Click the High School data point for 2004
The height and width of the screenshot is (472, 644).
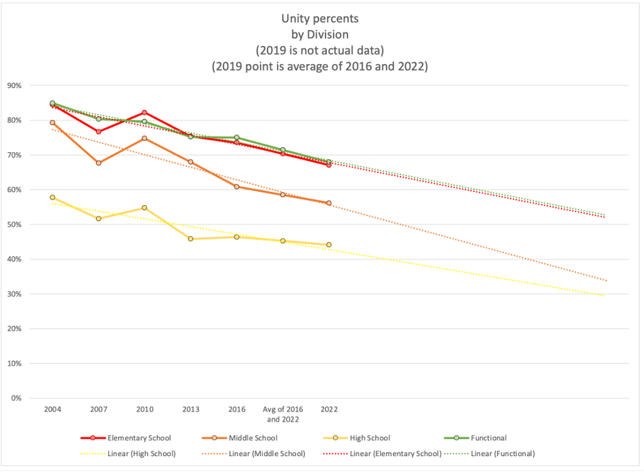click(52, 197)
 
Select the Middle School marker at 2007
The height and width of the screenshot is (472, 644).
click(98, 163)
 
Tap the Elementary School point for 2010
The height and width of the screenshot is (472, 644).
click(144, 112)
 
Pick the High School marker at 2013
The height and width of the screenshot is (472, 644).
click(191, 239)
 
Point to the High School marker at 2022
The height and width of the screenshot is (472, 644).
click(329, 244)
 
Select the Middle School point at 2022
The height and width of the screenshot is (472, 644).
click(329, 203)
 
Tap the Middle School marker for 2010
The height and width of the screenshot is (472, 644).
click(144, 138)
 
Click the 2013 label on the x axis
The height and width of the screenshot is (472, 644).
click(191, 409)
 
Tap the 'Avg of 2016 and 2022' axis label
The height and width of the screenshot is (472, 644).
click(283, 414)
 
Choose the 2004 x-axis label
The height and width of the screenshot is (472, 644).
click(52, 409)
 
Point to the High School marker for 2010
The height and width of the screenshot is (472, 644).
click(144, 208)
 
